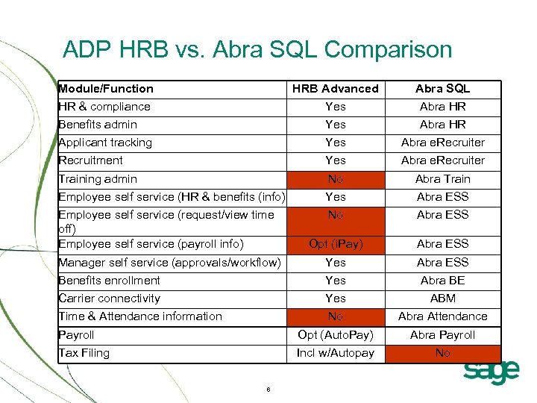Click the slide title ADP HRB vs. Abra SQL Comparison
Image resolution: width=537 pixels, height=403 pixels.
257,50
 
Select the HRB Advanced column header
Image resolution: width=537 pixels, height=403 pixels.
335,89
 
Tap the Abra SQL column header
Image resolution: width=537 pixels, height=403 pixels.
442,89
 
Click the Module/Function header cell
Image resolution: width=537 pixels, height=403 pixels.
106,89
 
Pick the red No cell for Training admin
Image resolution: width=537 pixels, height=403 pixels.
335,179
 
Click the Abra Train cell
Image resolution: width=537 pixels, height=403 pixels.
442,179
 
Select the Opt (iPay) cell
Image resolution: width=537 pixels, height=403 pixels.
335,244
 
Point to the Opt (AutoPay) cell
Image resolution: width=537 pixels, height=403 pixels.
335,335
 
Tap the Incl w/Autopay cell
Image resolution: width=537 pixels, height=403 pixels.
335,353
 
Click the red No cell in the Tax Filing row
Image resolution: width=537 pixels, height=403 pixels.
442,353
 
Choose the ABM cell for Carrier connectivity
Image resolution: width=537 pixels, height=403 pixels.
442,299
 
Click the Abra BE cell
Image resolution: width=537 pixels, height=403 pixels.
442,281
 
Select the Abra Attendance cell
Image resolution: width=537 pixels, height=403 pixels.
442,316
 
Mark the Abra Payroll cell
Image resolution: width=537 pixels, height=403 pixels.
442,335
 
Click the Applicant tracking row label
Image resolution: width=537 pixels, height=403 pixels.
105,143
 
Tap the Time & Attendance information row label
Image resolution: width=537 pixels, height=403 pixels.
140,316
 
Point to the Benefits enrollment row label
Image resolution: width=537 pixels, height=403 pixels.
110,281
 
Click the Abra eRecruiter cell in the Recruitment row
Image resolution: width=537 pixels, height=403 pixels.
442,160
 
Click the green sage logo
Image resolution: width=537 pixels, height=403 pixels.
490,372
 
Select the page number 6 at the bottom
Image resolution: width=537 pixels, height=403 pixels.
268,390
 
